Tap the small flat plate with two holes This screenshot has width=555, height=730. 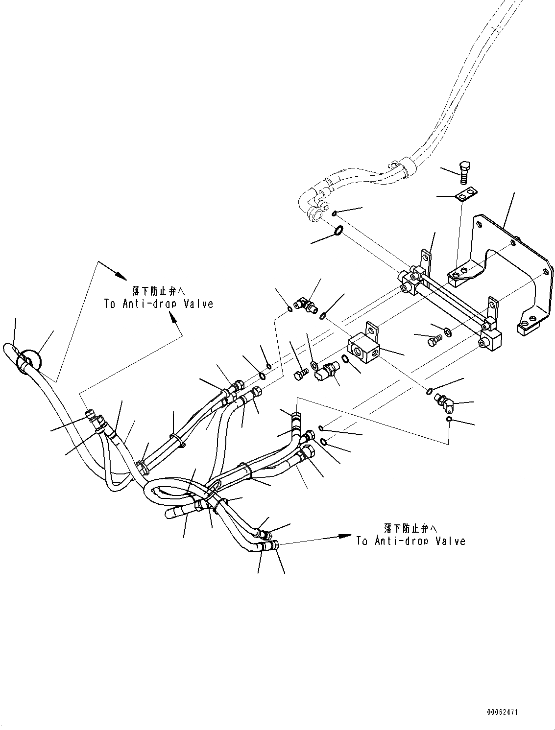[465, 196]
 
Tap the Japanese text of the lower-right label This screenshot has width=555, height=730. [410, 528]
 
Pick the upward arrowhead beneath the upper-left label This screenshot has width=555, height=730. [173, 318]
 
